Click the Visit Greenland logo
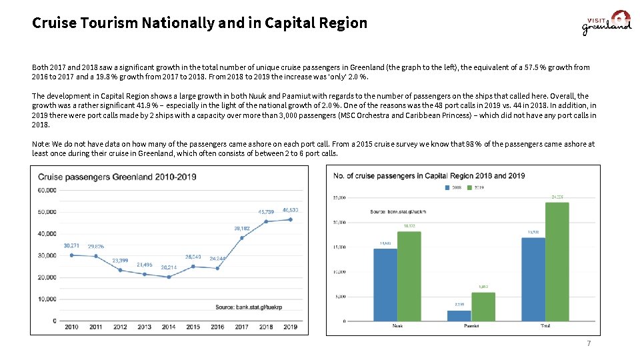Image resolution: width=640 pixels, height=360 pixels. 606,23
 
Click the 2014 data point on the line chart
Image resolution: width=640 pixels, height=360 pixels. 169,277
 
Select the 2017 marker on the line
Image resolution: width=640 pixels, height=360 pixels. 241,237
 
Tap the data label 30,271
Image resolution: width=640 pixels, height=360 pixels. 71,246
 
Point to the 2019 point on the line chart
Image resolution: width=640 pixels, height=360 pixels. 290,219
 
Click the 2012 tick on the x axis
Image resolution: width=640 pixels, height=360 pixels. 120,327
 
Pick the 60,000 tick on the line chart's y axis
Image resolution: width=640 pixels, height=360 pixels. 46,190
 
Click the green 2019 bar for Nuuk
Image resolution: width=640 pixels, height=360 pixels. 409,276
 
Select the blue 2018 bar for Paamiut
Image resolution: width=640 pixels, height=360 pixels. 459,315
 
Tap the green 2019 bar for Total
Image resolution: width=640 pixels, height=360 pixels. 557,261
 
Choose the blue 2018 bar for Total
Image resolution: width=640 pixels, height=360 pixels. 533,279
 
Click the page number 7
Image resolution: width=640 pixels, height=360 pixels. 588,343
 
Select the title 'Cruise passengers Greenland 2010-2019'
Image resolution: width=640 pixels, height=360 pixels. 117,177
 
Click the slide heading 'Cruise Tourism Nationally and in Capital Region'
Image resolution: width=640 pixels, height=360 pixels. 199,23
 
